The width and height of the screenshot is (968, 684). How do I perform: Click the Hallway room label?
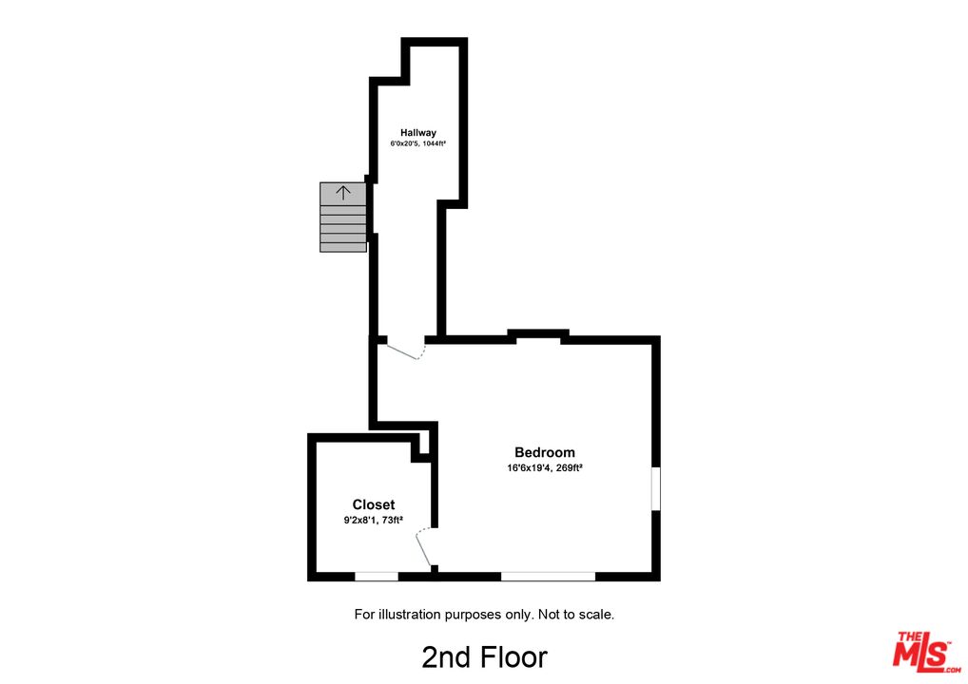(x=417, y=132)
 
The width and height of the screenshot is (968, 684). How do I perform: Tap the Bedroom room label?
(x=544, y=452)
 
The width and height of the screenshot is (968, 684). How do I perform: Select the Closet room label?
(x=373, y=504)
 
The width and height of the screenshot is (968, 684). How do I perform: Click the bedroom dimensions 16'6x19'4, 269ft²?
(x=544, y=467)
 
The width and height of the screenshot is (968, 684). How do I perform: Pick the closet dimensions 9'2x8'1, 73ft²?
(x=373, y=520)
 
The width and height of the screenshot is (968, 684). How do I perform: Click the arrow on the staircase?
(x=343, y=192)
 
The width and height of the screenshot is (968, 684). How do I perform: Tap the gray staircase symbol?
(x=342, y=218)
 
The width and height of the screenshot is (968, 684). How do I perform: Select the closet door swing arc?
(x=425, y=548)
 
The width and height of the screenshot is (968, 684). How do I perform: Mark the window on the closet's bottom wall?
(x=376, y=576)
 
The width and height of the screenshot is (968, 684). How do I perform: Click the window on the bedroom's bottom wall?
(x=548, y=576)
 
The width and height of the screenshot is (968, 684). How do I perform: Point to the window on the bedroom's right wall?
(x=655, y=488)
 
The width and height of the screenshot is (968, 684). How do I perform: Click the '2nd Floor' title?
(x=484, y=656)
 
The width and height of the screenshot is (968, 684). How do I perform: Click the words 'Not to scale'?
(x=576, y=615)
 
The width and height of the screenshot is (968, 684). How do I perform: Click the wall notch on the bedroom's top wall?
(x=538, y=333)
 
